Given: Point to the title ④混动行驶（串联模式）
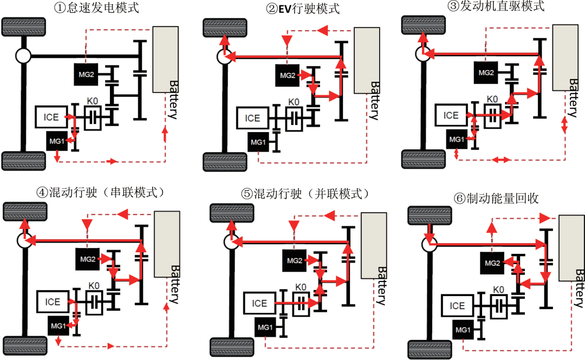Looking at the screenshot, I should [x=100, y=193].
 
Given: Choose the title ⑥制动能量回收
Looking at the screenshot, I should [x=497, y=199].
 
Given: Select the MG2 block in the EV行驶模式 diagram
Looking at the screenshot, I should [x=288, y=75].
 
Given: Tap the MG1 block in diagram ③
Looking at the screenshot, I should [x=456, y=139].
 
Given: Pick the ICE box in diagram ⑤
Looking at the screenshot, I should [x=259, y=304].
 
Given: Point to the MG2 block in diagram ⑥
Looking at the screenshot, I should [x=492, y=263].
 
